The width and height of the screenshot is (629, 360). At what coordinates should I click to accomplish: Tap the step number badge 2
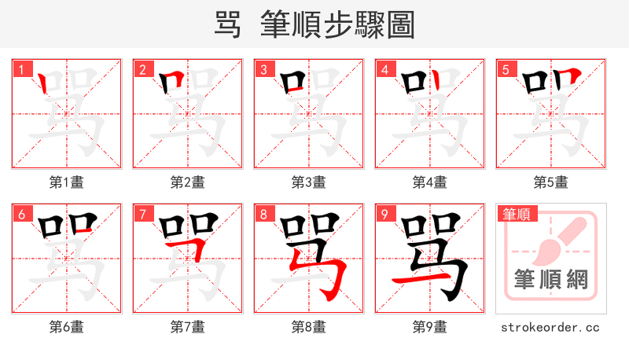(x=142, y=69)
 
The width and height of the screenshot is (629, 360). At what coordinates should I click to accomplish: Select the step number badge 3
(x=263, y=69)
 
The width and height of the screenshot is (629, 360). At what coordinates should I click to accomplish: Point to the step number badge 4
(x=384, y=69)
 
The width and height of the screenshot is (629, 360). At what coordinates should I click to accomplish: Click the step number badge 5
(x=506, y=69)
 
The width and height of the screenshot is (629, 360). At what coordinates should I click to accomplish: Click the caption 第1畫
(x=67, y=182)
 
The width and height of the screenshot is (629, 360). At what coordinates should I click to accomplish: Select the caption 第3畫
(x=309, y=182)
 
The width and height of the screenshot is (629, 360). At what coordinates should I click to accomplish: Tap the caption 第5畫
(x=551, y=182)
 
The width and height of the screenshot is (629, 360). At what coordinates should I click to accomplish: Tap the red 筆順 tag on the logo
(x=516, y=214)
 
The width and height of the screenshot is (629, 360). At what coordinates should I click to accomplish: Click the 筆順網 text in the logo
(x=550, y=280)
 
